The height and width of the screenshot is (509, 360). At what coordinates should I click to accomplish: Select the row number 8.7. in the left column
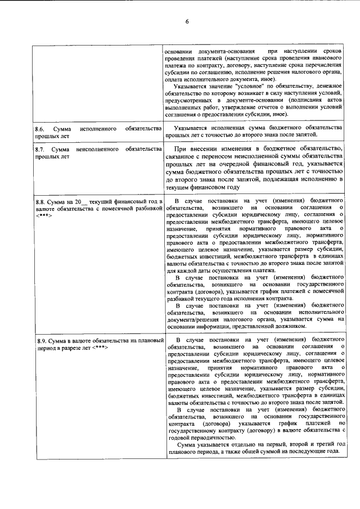(x=39, y=150)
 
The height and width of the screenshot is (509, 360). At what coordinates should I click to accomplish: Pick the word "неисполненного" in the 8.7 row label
(x=97, y=150)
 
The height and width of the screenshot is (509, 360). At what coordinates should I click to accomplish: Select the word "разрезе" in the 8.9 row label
(x=72, y=349)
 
